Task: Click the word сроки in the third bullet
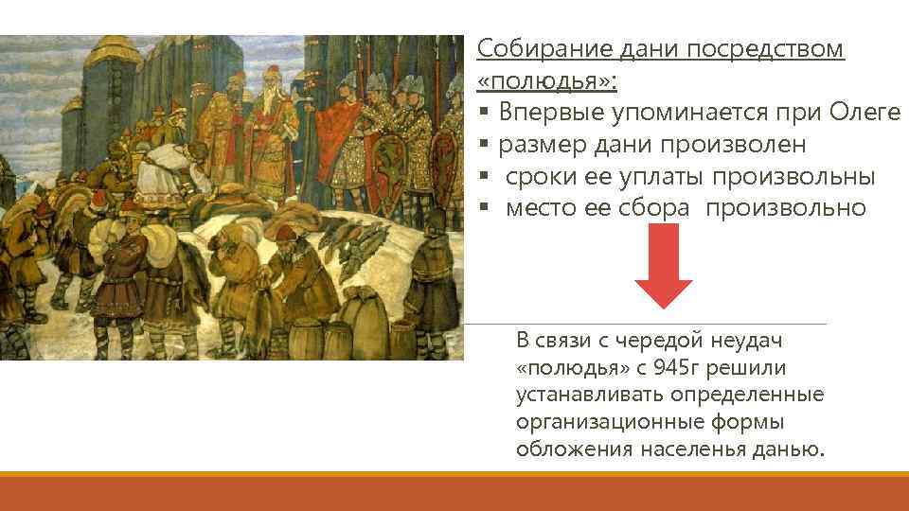point(534,177)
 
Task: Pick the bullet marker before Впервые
point(483,114)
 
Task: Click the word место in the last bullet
point(536,208)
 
